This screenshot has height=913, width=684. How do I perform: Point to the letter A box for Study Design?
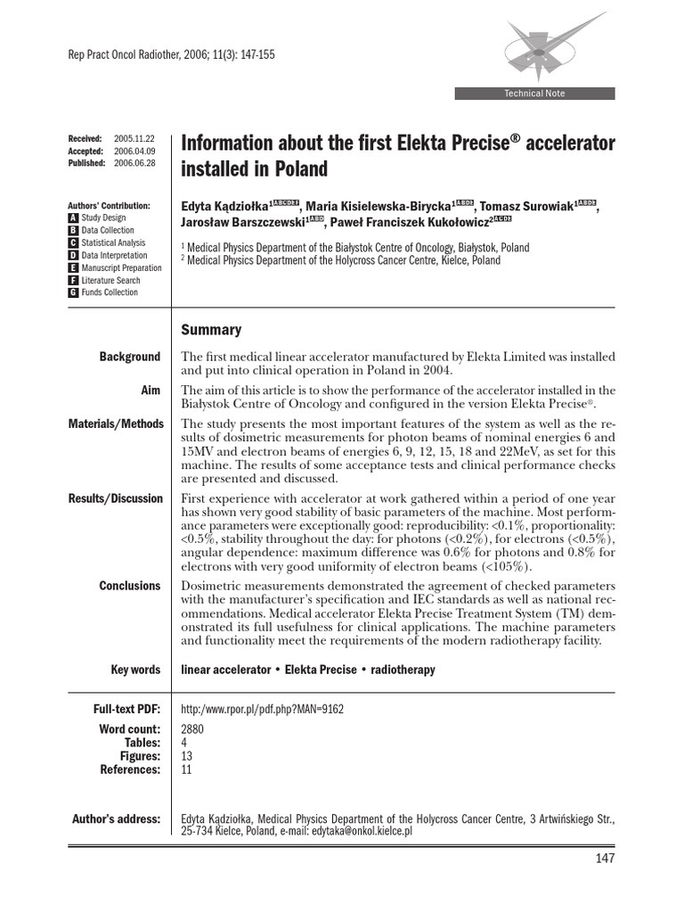[x=73, y=218]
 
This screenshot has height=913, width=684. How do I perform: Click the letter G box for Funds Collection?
[x=73, y=292]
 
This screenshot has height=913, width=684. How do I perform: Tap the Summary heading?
[x=211, y=330]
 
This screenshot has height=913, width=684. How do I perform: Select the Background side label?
[x=130, y=357]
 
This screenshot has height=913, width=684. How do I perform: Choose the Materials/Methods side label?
[x=116, y=424]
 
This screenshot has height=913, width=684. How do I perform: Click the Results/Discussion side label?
[x=115, y=498]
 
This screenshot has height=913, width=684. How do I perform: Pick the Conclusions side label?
[x=130, y=586]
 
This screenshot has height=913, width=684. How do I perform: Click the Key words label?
[x=135, y=670]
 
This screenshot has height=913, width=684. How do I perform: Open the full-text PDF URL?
[x=262, y=710]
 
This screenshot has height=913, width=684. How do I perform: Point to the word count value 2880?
[x=192, y=729]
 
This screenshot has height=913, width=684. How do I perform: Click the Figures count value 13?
[x=187, y=755]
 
